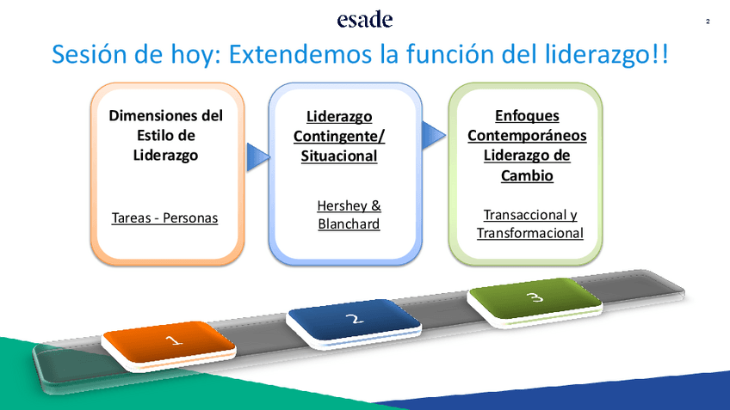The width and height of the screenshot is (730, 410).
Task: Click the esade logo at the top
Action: (365, 19)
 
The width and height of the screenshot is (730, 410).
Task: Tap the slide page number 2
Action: (708, 21)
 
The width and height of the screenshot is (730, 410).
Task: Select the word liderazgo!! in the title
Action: (607, 55)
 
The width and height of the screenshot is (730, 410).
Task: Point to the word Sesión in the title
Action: (90, 54)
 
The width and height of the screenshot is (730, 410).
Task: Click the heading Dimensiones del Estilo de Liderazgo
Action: (166, 135)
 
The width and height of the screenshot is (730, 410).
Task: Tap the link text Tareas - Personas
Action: (164, 217)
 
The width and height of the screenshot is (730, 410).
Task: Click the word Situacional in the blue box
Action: (339, 156)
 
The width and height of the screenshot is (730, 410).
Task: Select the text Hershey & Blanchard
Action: (349, 215)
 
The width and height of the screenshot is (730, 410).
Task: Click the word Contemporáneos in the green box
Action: (527, 136)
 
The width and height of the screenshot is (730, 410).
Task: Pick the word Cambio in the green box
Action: (527, 175)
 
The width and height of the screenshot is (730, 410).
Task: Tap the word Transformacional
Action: (529, 233)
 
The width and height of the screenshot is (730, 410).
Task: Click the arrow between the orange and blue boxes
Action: (258, 157)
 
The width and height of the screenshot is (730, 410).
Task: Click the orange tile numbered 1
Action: (169, 346)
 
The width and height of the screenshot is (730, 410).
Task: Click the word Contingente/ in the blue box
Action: (339, 137)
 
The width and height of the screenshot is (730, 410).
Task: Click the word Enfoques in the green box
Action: (527, 116)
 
